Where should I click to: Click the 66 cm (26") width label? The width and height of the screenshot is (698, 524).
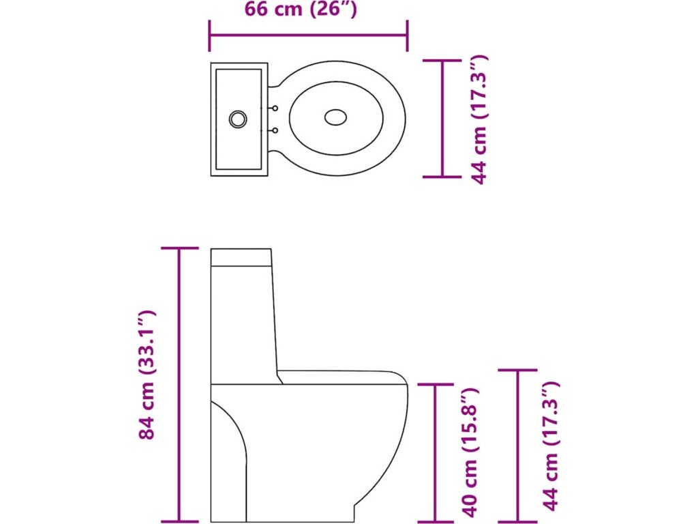(x=300, y=10)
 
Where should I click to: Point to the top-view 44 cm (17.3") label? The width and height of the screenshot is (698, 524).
(x=481, y=119)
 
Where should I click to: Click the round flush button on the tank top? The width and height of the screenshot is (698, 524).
(x=237, y=119)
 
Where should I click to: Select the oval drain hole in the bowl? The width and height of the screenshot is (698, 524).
(x=335, y=117)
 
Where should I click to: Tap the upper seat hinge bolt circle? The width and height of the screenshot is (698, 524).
(x=275, y=107)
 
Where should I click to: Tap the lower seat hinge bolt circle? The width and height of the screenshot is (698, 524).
(x=275, y=130)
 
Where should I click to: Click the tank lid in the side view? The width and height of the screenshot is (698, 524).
(x=241, y=257)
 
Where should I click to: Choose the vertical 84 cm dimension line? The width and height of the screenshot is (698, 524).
(x=180, y=385)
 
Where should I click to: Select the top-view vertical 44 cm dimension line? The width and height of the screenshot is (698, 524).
(x=443, y=119)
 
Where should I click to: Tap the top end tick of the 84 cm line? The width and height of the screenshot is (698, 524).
(x=180, y=248)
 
